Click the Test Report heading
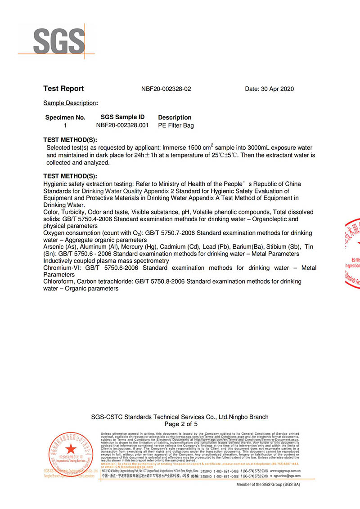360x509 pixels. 63,89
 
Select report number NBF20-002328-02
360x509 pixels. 166,89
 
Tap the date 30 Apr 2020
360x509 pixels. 269,89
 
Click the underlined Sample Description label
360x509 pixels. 70,103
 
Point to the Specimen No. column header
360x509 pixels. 65,117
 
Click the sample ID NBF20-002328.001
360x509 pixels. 122,125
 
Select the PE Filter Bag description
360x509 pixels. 176,125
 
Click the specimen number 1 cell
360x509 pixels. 65,125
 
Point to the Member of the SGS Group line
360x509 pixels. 268,485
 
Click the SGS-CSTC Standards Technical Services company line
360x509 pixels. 180,417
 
